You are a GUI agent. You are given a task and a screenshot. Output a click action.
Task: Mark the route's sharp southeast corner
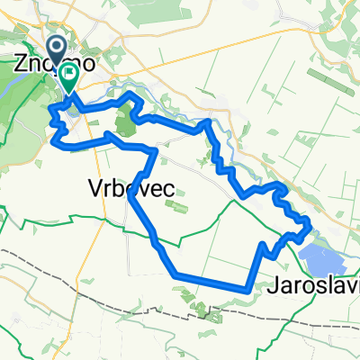coord(246,289)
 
